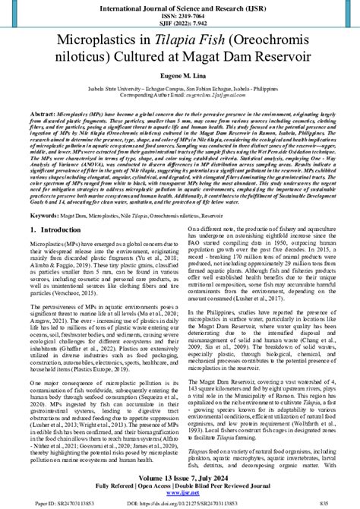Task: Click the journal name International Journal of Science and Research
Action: tap(180, 7)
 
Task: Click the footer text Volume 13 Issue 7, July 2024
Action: tap(180, 475)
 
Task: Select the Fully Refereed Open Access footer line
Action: tap(180, 483)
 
